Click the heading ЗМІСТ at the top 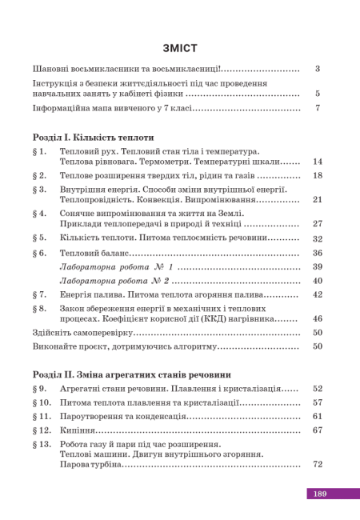point(179,47)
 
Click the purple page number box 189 point(320,494)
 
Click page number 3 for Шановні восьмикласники point(318,69)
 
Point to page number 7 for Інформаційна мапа point(318,107)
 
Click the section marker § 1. point(40,151)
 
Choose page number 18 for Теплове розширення point(317,175)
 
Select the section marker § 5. point(40,238)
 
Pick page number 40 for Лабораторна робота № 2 point(317,281)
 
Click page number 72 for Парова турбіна point(317,464)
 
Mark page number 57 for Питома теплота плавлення point(317,402)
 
